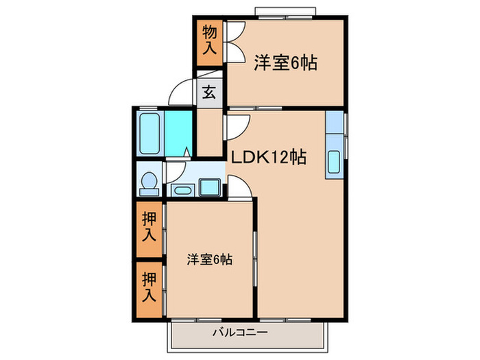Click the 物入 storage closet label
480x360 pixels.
209,39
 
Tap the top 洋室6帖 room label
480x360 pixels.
286,62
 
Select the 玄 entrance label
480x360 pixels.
209,92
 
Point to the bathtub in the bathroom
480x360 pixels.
149,134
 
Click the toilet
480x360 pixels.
148,182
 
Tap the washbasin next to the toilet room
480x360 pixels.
182,189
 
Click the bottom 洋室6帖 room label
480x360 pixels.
211,259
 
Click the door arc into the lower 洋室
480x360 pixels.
239,185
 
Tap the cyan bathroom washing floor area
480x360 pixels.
178,134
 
